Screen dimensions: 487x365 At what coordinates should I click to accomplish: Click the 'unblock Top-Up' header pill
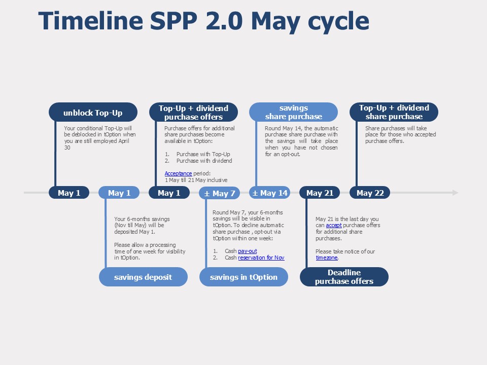coord(93,112)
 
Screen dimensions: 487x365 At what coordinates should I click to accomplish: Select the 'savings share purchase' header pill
coord(294,112)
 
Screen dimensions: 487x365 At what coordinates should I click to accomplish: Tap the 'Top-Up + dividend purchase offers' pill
coord(193,112)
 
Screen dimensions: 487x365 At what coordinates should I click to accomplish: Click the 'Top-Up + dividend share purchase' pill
coord(394,112)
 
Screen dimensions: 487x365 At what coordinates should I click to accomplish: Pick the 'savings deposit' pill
coord(143,277)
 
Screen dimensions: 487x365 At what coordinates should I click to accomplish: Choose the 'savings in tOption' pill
coord(243,277)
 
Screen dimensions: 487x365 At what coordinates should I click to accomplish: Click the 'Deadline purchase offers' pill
coord(344,277)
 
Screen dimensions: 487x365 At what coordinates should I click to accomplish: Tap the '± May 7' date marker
coord(219,193)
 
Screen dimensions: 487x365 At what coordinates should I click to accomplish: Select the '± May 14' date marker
coord(269,193)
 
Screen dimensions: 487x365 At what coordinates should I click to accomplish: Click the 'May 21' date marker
coord(320,193)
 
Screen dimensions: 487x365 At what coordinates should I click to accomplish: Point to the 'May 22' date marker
coord(370,193)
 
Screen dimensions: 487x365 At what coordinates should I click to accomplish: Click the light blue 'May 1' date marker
coord(119,193)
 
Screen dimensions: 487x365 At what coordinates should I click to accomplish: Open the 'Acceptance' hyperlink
coord(178,173)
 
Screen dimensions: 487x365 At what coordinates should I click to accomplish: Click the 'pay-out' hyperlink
coord(248,251)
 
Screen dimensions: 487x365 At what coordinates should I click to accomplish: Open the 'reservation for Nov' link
coord(261,258)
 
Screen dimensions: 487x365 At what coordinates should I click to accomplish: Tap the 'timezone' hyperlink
coord(327,258)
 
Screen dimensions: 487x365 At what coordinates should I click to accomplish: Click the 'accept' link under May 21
coord(334,225)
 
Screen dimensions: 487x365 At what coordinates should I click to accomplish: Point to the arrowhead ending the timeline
coord(456,193)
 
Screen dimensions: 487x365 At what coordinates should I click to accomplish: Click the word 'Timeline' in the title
coord(91,21)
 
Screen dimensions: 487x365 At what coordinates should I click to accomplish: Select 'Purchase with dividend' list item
coord(204,161)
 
